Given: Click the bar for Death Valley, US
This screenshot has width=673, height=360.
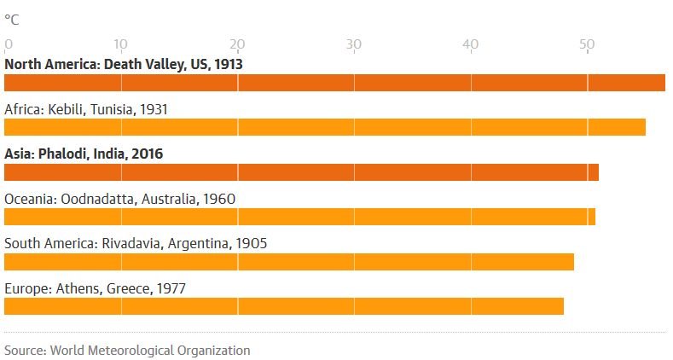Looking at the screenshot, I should pos(334,83).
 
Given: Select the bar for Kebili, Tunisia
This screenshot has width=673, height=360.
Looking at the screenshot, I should pos(325,127).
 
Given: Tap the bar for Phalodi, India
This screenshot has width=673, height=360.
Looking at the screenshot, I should pos(301,172).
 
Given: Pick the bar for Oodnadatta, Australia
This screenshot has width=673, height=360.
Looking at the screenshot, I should pos(299,217).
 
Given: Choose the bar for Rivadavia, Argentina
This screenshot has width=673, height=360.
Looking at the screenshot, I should pos(289,261).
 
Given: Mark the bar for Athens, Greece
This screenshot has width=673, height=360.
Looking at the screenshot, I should pos(284,305).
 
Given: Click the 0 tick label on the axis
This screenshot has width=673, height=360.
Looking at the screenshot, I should pos(9,44).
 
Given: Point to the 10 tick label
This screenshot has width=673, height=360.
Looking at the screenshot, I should pos(120,44).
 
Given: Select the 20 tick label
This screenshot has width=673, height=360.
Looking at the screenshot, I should pos(237,44).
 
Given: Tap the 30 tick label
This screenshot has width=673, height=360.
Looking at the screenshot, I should pos(353,44).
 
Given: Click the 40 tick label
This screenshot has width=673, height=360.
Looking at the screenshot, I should pos(470,44).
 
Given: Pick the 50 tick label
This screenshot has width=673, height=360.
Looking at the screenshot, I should pos(586,44).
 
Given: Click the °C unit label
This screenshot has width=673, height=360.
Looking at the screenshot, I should pos(12,19).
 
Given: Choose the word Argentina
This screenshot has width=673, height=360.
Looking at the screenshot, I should pos(198,243).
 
